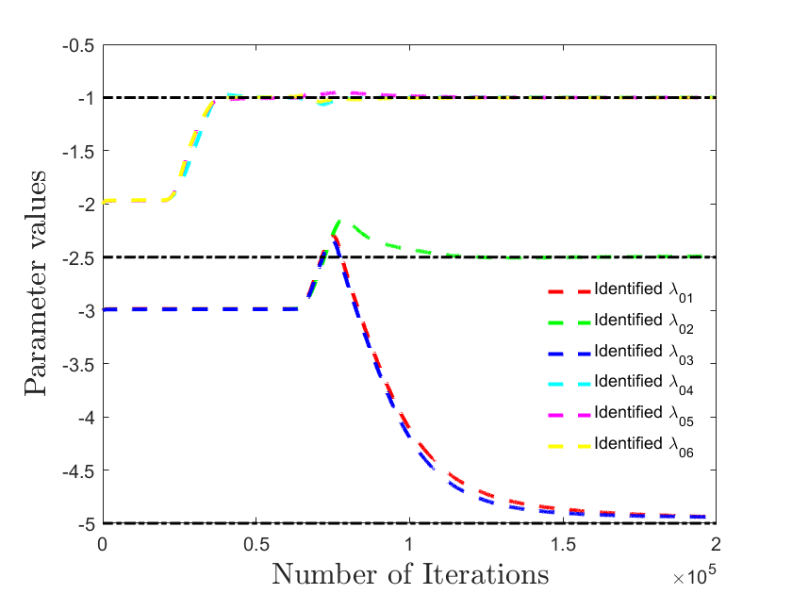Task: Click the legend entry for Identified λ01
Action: pos(620,291)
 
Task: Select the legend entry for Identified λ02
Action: pos(620,322)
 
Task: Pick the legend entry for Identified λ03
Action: pos(620,353)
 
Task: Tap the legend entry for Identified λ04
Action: pos(620,384)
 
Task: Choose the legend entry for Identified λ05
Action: pos(620,414)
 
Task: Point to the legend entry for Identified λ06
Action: pos(620,445)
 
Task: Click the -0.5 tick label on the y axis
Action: pos(78,45)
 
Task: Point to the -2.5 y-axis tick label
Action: pos(78,258)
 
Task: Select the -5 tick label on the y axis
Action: pos(86,524)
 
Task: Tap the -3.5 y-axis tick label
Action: pos(78,365)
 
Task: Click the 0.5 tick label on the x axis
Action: pos(256,545)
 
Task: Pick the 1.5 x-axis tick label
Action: pos(563,545)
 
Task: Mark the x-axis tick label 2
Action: pos(716,545)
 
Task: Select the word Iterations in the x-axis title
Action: pos(486,574)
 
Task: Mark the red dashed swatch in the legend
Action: pos(569,291)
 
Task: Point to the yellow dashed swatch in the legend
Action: pos(569,446)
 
